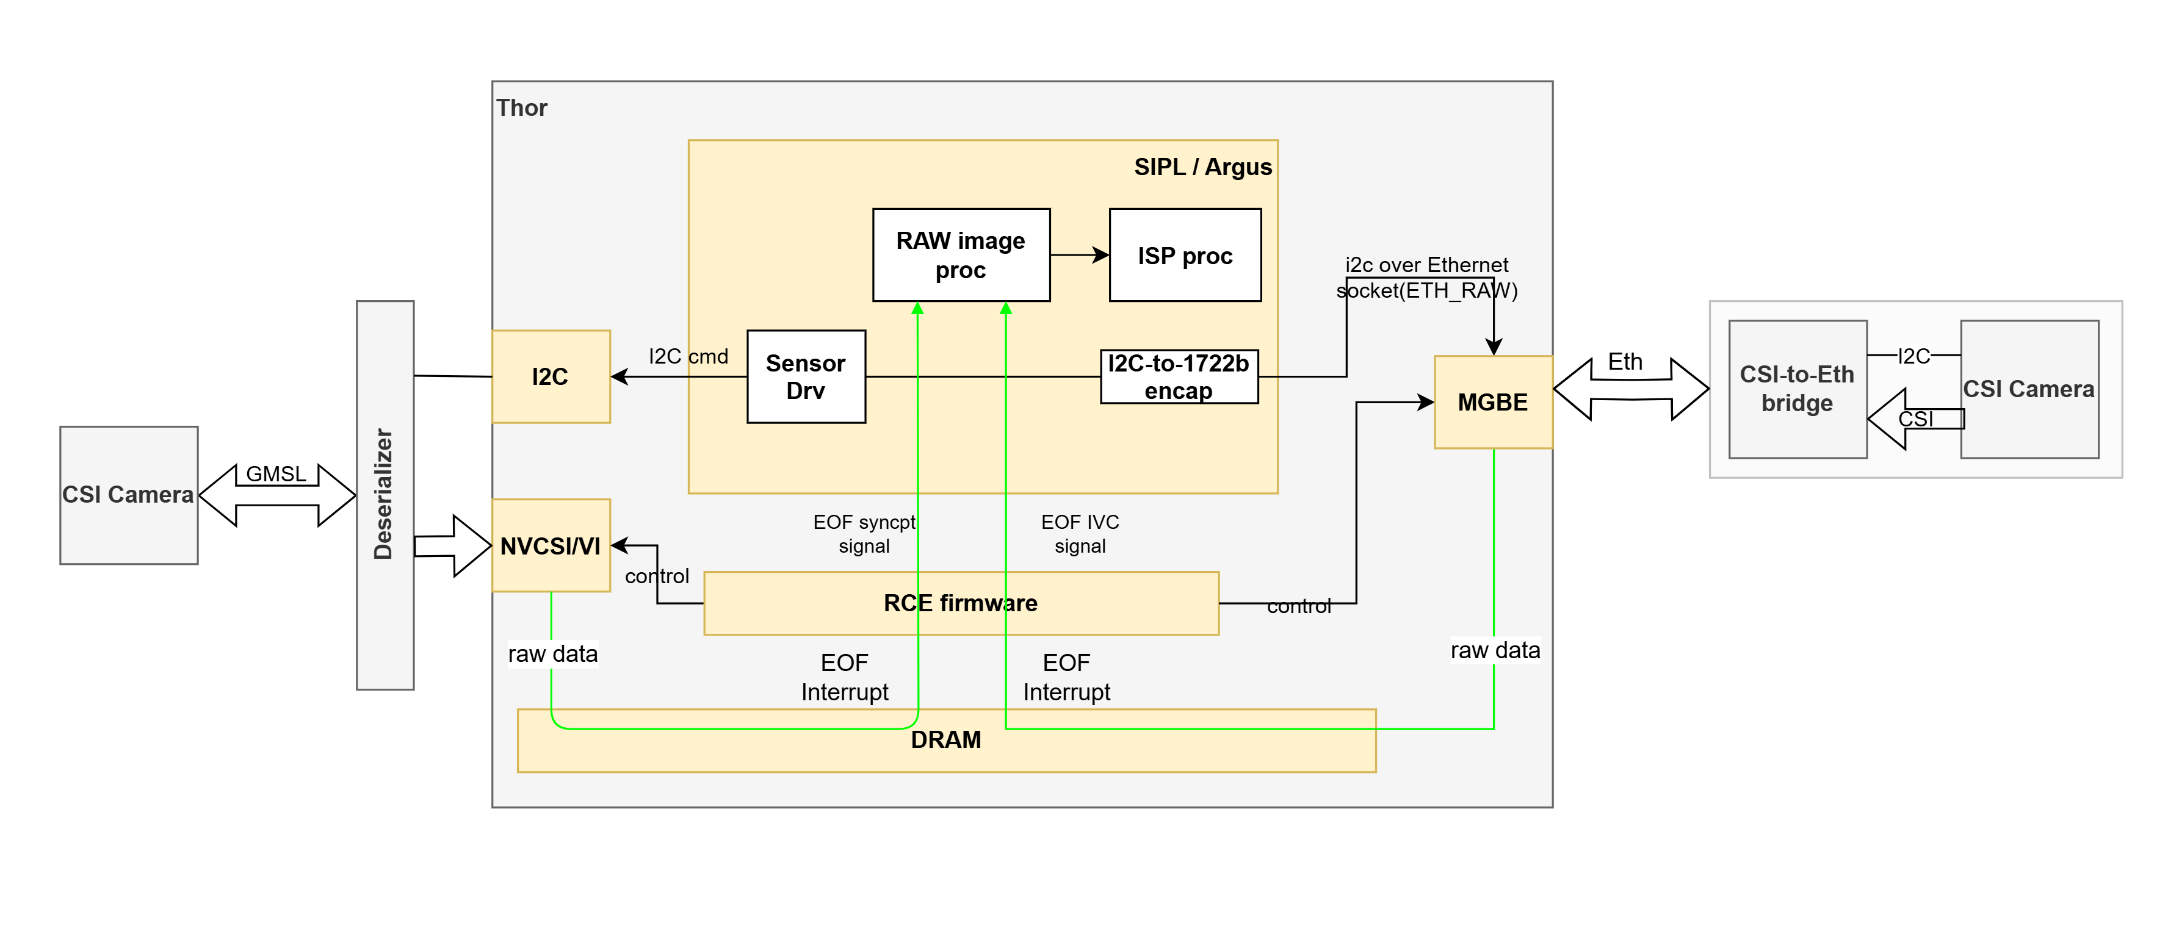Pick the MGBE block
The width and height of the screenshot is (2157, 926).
pos(1492,402)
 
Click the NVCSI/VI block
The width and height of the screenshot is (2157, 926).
pos(550,546)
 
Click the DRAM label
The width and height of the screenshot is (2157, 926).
pos(945,740)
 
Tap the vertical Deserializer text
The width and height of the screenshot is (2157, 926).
pos(383,494)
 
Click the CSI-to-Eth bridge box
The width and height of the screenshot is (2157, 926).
pos(1797,389)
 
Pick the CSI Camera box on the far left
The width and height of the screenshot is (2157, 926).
pos(128,495)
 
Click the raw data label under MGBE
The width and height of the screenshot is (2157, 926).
pos(1495,650)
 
